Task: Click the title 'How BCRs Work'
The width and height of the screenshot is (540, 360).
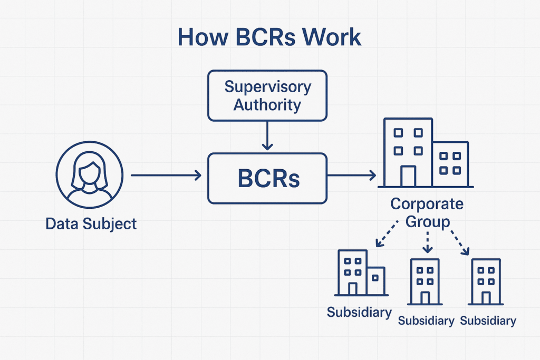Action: pos(269,37)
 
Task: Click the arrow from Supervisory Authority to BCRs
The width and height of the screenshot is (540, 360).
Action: pos(267,135)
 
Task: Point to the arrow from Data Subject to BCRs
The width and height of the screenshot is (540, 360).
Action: pos(166,175)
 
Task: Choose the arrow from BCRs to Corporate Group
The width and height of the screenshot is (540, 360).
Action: pos(352,175)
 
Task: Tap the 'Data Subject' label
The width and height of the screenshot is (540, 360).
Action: pos(91,223)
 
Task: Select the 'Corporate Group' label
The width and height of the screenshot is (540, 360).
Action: pos(427,213)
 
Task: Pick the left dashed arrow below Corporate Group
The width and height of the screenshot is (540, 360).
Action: pos(387,234)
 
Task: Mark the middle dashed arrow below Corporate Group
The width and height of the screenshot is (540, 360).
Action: pos(427,242)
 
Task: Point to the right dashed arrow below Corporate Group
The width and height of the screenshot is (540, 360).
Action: pos(460,242)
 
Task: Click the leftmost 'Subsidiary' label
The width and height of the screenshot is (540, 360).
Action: pos(359,313)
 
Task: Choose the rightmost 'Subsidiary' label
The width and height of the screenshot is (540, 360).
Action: pos(488,321)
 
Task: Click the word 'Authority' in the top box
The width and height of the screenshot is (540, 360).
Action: pos(267,105)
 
